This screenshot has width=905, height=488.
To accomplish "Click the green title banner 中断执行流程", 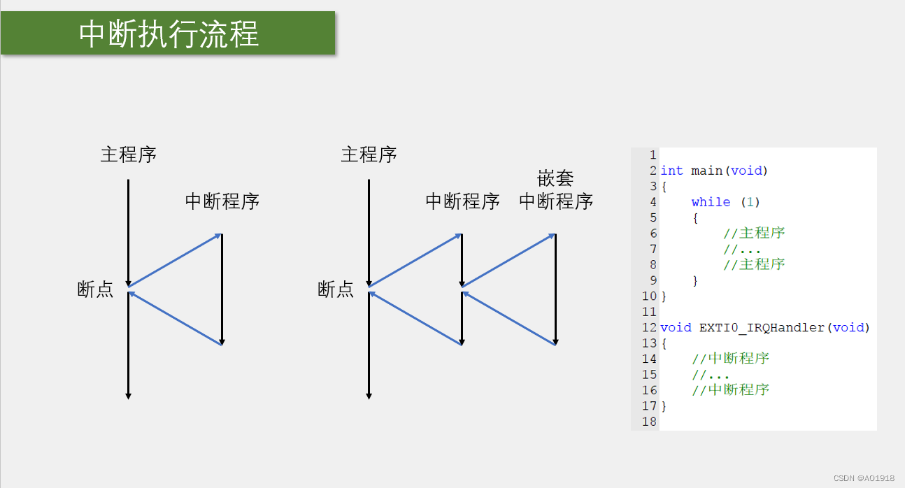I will click(168, 33).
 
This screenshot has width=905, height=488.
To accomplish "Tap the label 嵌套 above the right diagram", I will click(556, 178).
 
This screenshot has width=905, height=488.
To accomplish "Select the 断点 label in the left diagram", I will click(95, 289).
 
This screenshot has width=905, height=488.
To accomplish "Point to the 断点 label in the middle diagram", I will click(336, 289).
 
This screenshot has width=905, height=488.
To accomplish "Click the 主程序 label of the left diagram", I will click(128, 155).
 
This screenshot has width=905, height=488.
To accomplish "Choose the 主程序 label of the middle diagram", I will click(369, 155).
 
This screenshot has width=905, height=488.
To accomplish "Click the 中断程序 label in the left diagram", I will click(222, 201).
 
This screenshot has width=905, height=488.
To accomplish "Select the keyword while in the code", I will click(711, 202).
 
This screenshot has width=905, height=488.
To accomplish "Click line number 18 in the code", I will click(649, 422).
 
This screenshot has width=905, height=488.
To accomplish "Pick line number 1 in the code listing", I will click(653, 155).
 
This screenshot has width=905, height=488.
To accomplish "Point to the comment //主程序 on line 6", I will click(754, 233).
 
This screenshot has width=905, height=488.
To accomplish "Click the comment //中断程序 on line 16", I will click(730, 390).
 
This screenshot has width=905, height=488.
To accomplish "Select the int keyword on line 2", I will click(671, 171).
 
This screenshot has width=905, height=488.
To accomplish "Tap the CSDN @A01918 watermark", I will click(864, 478).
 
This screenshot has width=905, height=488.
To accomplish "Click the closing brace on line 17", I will click(664, 406).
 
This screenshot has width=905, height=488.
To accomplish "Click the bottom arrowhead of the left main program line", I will click(128, 396).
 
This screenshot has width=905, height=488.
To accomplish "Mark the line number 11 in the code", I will click(649, 312).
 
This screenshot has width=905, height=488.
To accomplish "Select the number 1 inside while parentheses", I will click(749, 202).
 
